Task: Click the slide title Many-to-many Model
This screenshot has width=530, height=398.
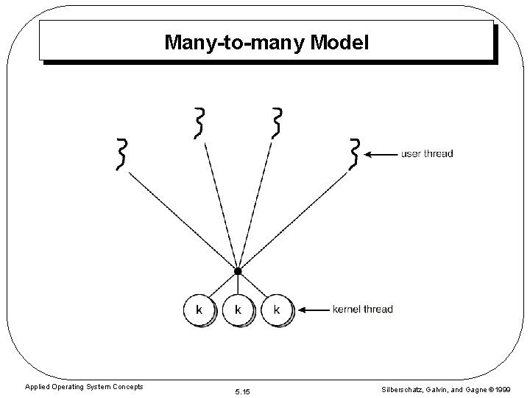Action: (266, 42)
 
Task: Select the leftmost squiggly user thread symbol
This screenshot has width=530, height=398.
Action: (122, 153)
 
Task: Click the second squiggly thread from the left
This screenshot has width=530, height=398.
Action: (199, 122)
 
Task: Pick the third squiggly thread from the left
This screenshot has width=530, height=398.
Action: (277, 122)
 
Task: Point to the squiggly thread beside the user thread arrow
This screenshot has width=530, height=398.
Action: (355, 153)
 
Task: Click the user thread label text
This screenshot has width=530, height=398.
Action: (427, 154)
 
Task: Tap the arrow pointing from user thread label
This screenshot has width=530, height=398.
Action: (381, 155)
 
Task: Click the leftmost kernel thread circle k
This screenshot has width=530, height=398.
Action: (199, 310)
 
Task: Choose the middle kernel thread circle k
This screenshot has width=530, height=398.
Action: (238, 310)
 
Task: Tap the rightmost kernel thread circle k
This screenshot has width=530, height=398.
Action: (277, 310)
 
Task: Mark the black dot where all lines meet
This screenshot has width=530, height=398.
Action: (237, 271)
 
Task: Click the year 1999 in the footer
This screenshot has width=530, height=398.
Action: (502, 389)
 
